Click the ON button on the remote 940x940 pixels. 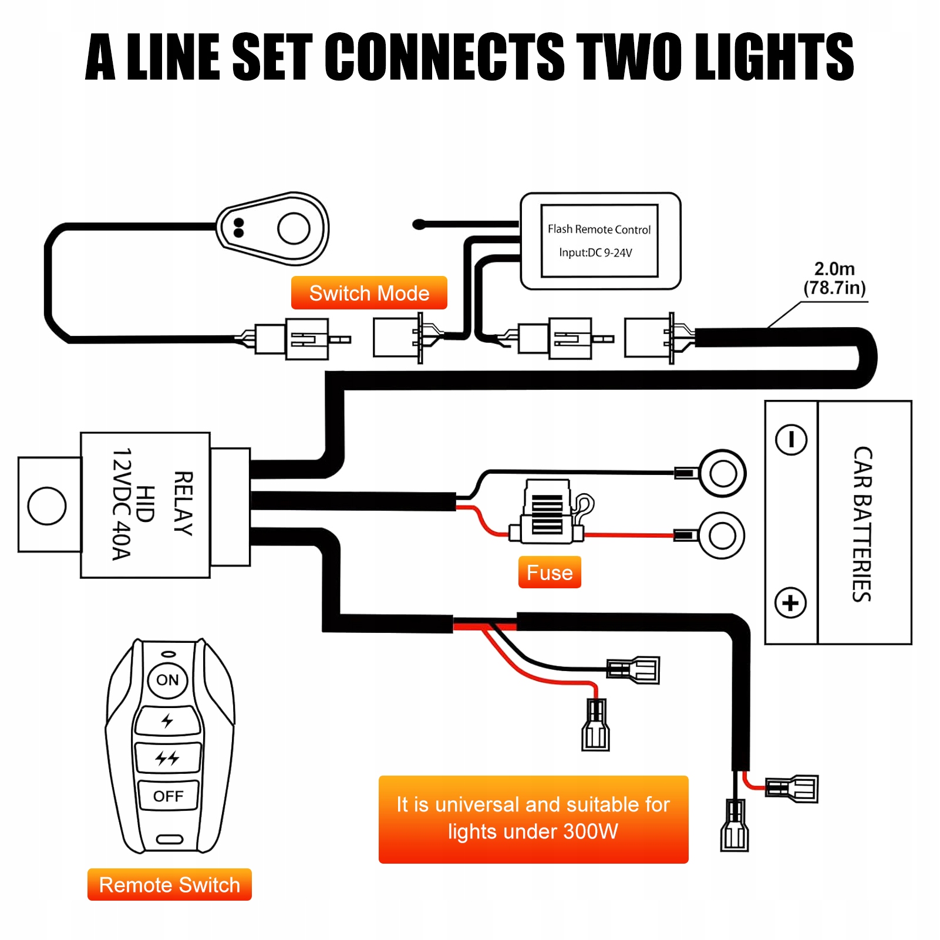(x=167, y=680)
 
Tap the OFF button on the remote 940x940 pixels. (x=168, y=796)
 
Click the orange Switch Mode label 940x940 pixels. (x=369, y=293)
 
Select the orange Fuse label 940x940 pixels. (x=550, y=572)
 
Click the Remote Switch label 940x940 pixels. (x=170, y=885)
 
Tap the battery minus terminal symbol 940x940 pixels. (x=791, y=440)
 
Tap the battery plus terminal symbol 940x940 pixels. (x=790, y=603)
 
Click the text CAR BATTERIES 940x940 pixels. (x=862, y=524)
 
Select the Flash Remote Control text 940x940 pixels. (x=599, y=229)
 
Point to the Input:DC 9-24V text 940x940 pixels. (x=595, y=253)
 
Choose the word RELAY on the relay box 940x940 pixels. (x=184, y=503)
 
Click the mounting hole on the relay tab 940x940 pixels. (x=47, y=506)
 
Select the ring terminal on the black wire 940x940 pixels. (x=723, y=473)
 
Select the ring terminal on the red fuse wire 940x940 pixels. (x=722, y=535)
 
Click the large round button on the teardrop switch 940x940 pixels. (x=294, y=228)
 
